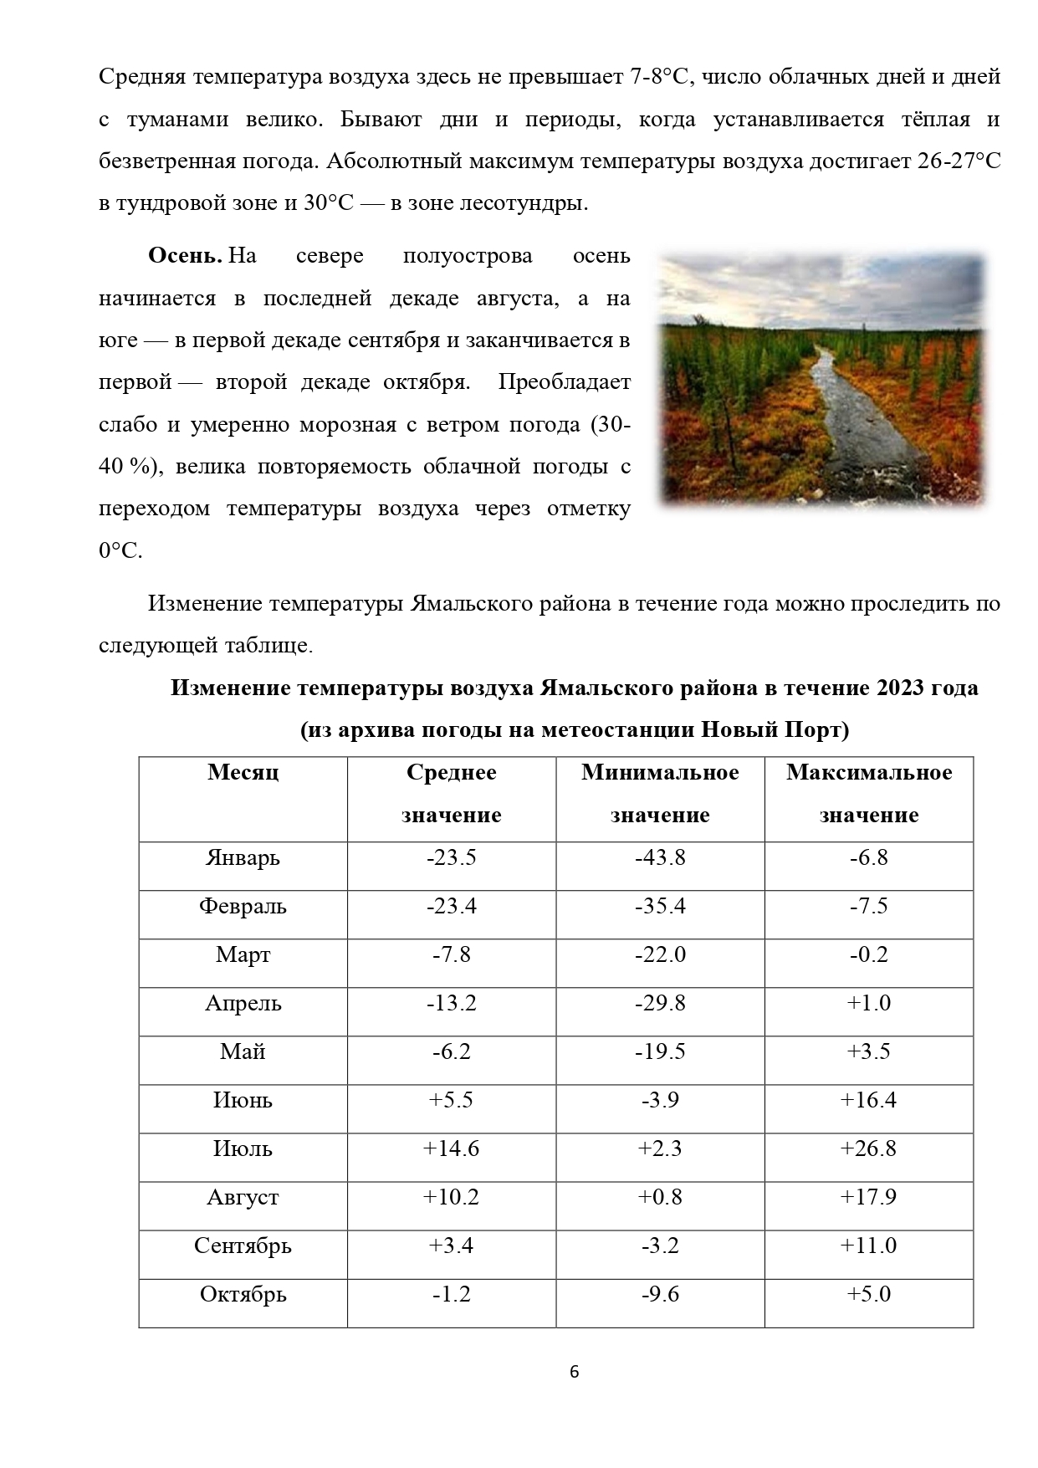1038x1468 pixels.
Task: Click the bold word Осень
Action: click(184, 256)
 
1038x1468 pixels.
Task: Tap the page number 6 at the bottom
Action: click(574, 1372)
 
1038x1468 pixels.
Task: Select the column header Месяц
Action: click(243, 772)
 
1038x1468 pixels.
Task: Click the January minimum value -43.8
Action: click(660, 858)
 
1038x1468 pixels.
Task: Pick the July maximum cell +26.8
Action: click(868, 1149)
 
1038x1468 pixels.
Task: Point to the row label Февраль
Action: click(243, 907)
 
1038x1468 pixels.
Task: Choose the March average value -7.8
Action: click(452, 955)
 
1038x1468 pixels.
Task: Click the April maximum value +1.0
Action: click(868, 1004)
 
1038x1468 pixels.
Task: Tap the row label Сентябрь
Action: click(243, 1246)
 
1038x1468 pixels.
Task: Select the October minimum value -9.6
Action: click(660, 1295)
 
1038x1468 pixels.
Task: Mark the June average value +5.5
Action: click(452, 1101)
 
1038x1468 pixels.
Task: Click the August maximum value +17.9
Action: click(868, 1198)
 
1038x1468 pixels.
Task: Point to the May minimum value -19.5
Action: click(660, 1052)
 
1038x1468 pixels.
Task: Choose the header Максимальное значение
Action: click(868, 793)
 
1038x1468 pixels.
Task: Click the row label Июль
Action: click(243, 1149)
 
